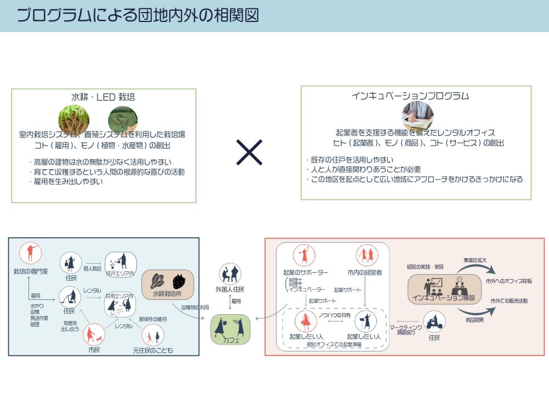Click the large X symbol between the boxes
pyautogui.click(x=249, y=152)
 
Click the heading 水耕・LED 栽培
pyautogui.click(x=103, y=97)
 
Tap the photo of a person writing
pyautogui.click(x=418, y=115)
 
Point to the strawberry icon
pyautogui.click(x=179, y=281)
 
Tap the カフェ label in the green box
pyautogui.click(x=230, y=340)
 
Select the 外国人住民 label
pyautogui.click(x=230, y=289)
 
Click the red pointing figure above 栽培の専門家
pyautogui.click(x=31, y=253)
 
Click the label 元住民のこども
pyautogui.click(x=153, y=350)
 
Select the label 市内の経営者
pyautogui.click(x=365, y=272)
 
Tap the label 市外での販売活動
pyautogui.click(x=509, y=301)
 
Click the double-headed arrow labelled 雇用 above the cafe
pyautogui.click(x=230, y=302)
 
